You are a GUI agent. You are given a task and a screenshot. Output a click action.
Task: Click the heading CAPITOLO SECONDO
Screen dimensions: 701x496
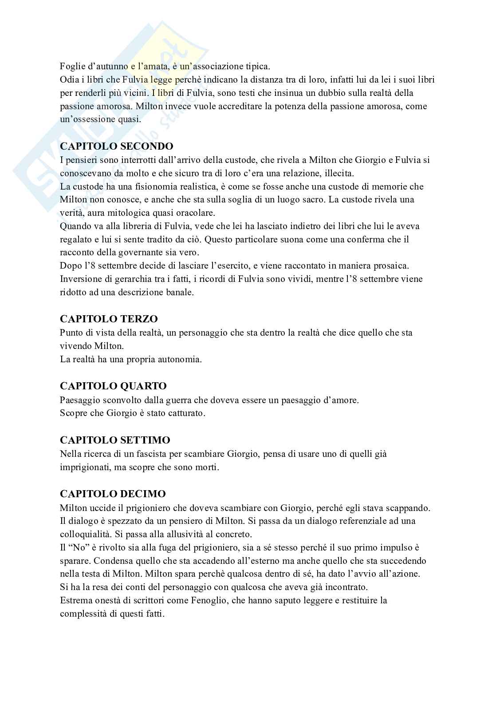coord(116,146)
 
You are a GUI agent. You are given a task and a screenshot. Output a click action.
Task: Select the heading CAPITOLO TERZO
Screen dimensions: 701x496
coord(109,319)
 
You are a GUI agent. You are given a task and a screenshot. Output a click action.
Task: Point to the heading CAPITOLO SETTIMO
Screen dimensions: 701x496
coord(115,440)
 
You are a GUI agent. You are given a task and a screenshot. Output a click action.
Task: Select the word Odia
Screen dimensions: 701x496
coord(69,80)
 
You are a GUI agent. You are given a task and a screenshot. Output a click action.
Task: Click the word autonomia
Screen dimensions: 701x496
coord(179,359)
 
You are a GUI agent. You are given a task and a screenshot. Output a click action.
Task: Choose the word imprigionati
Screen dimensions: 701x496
coord(85,467)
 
